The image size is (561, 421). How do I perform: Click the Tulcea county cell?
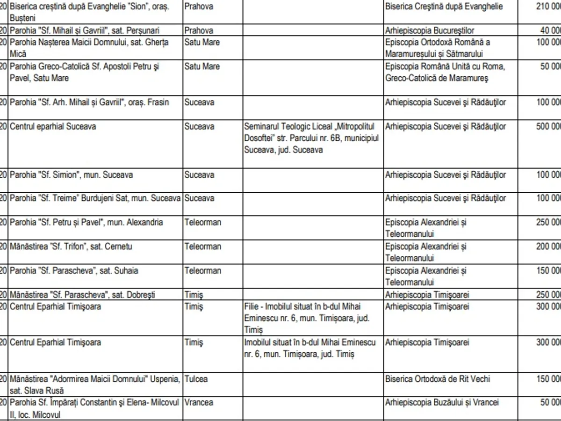196,379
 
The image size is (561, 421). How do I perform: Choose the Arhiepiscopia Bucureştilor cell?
430,30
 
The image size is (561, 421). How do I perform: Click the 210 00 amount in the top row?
548,7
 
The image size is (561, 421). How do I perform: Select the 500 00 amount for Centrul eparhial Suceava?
548,126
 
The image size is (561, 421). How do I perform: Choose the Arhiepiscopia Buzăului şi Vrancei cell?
442,402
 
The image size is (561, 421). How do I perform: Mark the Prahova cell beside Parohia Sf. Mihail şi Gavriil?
199,30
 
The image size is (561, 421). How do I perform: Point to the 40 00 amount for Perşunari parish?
550,30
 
